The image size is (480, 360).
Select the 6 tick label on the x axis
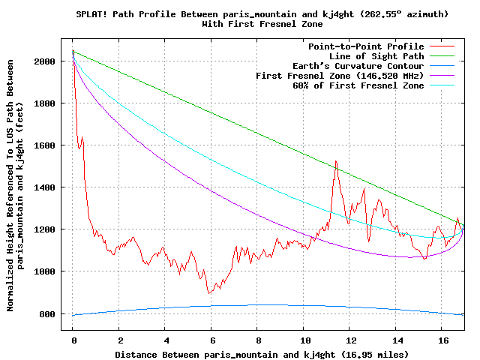click(x=211, y=340)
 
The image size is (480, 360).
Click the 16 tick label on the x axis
click(x=442, y=340)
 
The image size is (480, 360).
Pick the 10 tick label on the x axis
click(x=304, y=340)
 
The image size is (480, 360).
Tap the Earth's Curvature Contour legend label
click(x=358, y=66)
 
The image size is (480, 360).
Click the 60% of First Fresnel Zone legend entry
click(x=358, y=85)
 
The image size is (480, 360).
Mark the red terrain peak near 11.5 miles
click(x=336, y=161)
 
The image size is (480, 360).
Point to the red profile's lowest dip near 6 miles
click(x=210, y=292)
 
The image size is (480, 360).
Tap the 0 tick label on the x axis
click(x=73, y=340)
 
